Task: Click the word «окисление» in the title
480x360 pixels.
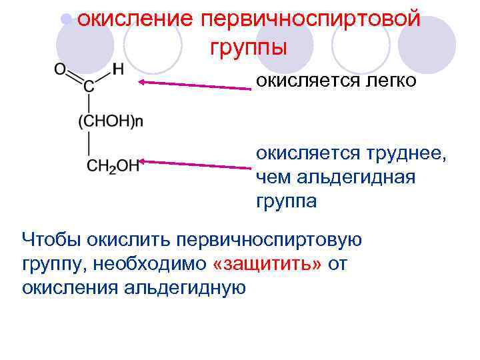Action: (x=133, y=19)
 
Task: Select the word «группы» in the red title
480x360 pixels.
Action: (x=248, y=48)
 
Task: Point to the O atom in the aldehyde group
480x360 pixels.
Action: (x=60, y=69)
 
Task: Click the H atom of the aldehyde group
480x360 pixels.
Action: (x=118, y=69)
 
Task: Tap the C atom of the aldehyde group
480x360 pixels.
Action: (x=89, y=86)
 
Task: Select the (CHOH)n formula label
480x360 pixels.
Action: (x=111, y=121)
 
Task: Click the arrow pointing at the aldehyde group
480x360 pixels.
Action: (x=193, y=85)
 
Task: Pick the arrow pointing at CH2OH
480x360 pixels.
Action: (x=193, y=164)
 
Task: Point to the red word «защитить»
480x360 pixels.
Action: (x=266, y=264)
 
